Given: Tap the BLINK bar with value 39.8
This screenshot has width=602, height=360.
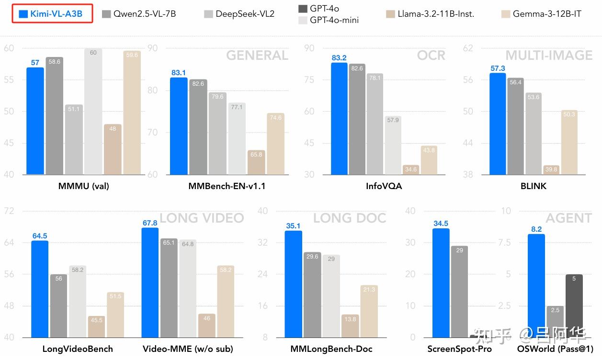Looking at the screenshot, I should [x=551, y=169].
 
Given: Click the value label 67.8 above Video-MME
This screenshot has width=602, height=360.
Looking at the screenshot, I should [x=150, y=223].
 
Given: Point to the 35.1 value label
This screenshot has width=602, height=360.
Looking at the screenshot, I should [x=293, y=226].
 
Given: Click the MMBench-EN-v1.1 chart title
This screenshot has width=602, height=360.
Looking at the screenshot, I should [x=227, y=186].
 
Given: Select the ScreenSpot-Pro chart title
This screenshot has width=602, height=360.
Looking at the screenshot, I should [x=459, y=349].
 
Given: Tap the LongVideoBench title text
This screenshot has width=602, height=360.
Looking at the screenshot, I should [x=78, y=349].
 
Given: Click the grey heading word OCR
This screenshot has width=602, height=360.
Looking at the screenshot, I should [x=431, y=56].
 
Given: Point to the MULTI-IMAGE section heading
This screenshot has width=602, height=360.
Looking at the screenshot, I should [x=549, y=56].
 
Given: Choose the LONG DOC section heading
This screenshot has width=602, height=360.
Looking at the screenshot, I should [x=349, y=218].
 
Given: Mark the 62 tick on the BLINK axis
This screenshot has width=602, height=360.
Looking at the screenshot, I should [x=468, y=48].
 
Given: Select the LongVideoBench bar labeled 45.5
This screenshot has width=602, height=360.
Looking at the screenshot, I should [x=96, y=326].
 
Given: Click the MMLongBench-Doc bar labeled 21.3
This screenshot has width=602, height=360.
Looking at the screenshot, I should [x=369, y=311].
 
